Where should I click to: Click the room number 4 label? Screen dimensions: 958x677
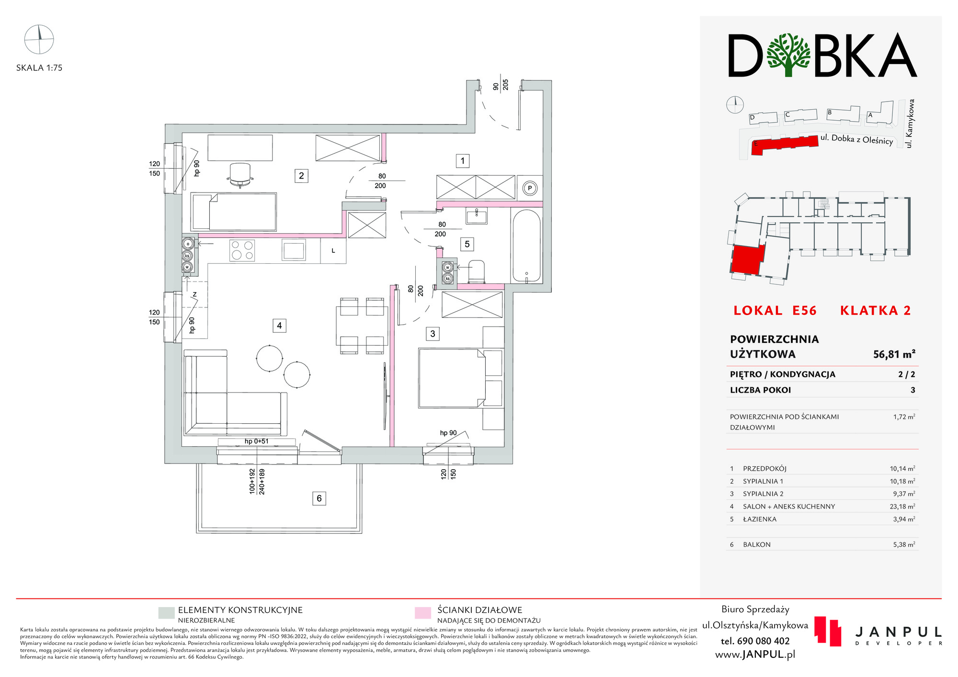pos(279,326)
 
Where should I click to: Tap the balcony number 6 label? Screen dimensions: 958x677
pos(319,498)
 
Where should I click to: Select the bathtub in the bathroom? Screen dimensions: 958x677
pos(526,246)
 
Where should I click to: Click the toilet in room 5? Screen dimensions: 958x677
pos(476,271)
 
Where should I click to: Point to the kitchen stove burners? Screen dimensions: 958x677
pos(242,250)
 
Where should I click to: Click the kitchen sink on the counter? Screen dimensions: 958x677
pos(294,250)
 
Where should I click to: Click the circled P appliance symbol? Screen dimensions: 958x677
pos(530,188)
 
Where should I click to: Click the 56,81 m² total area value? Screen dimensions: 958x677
pos(894,354)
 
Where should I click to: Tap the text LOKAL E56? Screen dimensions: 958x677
pos(775,311)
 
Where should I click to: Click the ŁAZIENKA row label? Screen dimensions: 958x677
pos(760,519)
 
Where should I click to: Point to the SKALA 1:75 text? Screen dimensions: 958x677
pos(39,68)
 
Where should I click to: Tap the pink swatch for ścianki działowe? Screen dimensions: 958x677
pos(422,613)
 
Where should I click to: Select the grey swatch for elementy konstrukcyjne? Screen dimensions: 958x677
pos(166,613)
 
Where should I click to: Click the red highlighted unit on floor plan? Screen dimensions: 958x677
pos(747,260)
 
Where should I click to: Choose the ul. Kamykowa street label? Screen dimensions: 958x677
pos(910,124)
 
